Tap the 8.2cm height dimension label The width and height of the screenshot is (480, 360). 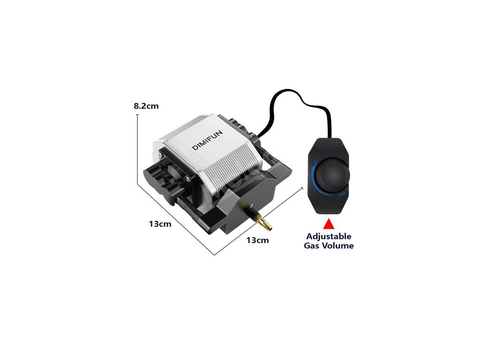(x=146, y=106)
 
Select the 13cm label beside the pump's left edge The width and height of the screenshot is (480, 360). (x=160, y=224)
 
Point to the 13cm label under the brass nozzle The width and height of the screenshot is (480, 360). (x=257, y=240)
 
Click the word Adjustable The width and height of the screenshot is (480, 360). (x=329, y=236)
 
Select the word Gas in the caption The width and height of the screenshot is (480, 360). (x=313, y=246)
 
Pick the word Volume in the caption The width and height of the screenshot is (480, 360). (x=338, y=246)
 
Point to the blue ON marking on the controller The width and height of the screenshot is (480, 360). (x=315, y=162)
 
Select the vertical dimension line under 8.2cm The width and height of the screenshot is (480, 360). (x=137, y=141)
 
